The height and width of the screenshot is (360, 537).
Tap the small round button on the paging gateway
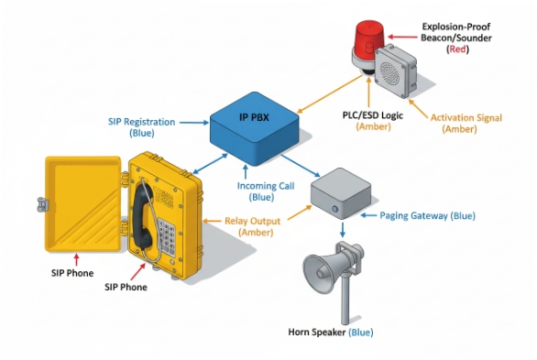coord(338,209)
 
